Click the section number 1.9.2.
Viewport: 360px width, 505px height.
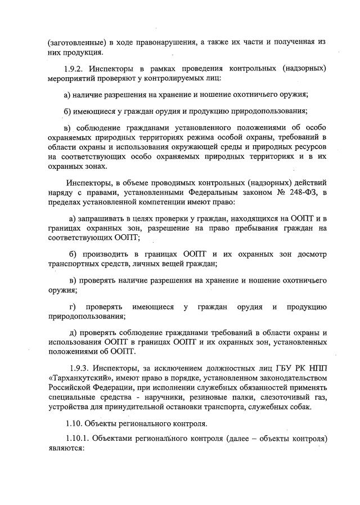point(77,69)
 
